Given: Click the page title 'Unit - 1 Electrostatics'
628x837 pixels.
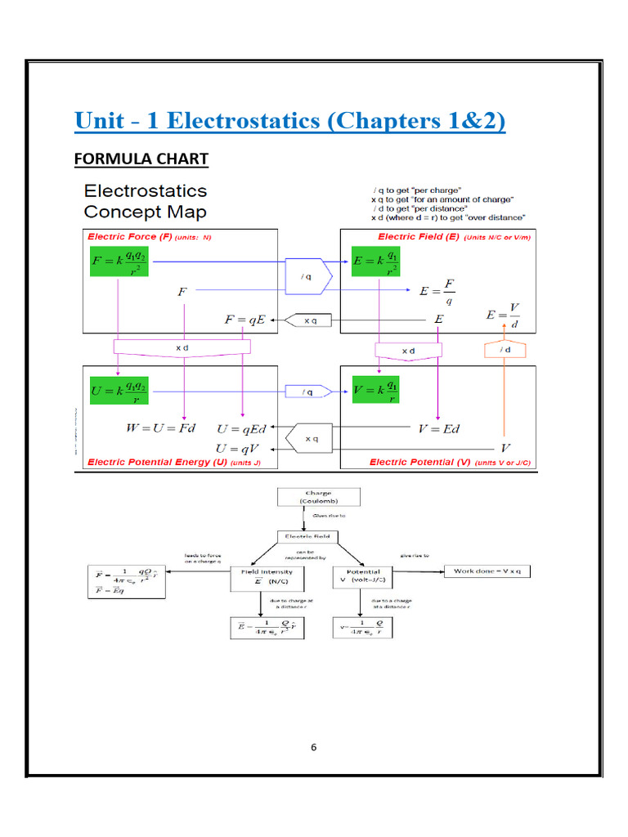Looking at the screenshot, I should point(289,121).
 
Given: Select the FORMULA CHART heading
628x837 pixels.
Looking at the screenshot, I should point(141,159).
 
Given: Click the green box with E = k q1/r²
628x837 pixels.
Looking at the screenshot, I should point(375,263).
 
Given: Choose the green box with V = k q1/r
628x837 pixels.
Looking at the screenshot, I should point(375,392).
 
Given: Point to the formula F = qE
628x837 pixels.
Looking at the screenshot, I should point(246,320).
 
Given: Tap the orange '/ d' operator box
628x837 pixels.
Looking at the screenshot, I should point(504,350).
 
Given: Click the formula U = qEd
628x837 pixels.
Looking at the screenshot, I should point(242,427).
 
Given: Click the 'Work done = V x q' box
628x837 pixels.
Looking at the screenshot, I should point(487,571).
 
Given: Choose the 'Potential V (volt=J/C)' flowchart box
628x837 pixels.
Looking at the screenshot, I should point(362,578).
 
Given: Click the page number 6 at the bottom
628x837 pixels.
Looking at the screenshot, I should point(313,747).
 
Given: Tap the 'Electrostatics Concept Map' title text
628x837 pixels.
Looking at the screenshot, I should point(146,201).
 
